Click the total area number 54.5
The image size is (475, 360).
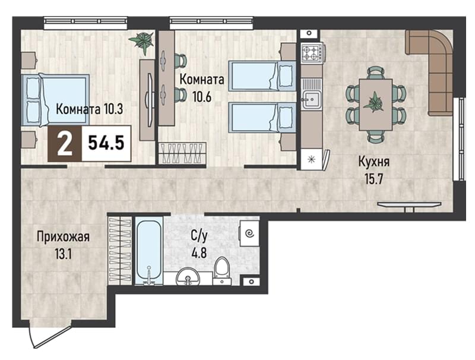[x=106, y=143]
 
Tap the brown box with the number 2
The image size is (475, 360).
[x=65, y=143]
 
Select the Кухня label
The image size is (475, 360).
[x=374, y=162]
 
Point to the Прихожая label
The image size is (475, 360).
[x=63, y=236]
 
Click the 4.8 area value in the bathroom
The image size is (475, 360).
[x=199, y=252]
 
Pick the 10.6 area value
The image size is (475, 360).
[x=202, y=97]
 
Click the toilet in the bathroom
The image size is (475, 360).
[x=222, y=271]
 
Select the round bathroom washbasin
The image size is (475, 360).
[x=188, y=276]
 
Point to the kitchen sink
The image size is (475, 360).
[x=311, y=94]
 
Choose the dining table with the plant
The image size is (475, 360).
[x=376, y=105]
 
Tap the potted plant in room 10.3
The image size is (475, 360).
[x=142, y=42]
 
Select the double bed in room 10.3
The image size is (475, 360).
[x=55, y=100]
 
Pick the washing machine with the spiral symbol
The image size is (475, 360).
[x=249, y=233]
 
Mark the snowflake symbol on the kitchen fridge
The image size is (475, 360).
[x=311, y=159]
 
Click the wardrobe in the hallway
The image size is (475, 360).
[x=121, y=250]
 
